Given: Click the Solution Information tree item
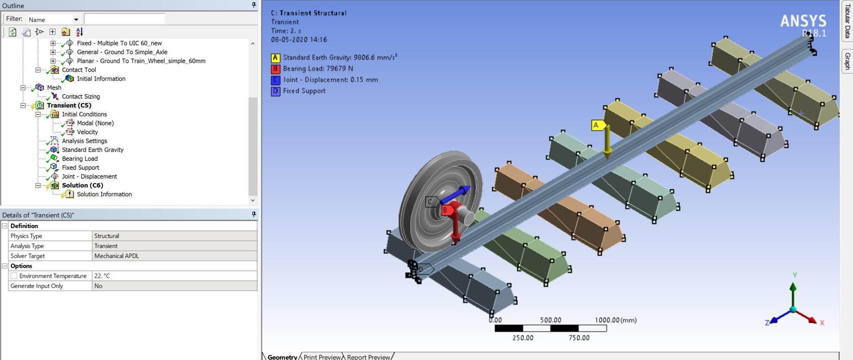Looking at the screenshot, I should click(104, 194).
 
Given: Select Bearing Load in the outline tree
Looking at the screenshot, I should click(80, 159).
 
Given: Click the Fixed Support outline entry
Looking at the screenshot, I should click(80, 168).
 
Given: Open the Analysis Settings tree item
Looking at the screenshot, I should click(84, 141).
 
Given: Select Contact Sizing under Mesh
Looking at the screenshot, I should click(81, 96).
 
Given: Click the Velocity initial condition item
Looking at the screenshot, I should click(87, 132).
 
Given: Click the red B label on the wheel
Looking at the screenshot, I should click(445, 210).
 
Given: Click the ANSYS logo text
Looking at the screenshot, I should click(803, 21).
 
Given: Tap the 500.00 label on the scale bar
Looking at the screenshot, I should click(550, 320).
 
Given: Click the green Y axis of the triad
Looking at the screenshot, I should click(793, 293).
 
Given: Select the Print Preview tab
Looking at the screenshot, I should click(322, 357).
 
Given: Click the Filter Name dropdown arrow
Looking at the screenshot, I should click(76, 20).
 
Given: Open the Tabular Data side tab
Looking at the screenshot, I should click(847, 21).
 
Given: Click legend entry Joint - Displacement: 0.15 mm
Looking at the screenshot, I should click(330, 80).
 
